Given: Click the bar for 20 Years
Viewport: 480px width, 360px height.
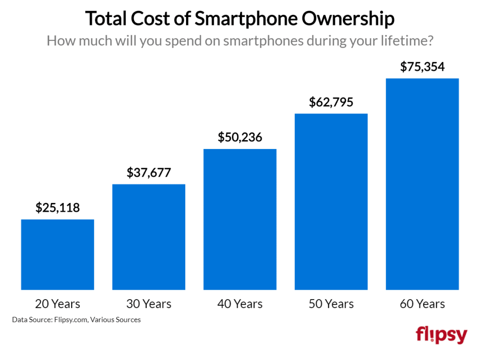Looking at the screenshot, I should (x=58, y=255).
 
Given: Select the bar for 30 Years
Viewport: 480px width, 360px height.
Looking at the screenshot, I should (x=149, y=237).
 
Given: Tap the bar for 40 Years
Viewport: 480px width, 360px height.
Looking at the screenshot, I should (x=240, y=219).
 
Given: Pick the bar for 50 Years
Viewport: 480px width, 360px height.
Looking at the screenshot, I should (x=331, y=202).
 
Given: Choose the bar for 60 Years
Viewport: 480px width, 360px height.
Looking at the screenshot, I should (x=422, y=184).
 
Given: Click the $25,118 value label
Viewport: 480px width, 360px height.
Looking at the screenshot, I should (x=58, y=208).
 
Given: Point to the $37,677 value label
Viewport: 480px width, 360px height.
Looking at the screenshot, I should (x=149, y=172).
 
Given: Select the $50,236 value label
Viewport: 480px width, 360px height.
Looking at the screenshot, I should (x=240, y=137).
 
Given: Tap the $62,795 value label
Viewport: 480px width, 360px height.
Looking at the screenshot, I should (x=331, y=102).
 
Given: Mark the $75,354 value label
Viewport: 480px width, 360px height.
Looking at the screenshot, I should (x=422, y=67).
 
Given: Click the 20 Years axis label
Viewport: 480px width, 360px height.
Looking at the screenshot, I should (x=58, y=304).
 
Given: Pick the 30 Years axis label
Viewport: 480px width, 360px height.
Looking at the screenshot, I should (x=149, y=304).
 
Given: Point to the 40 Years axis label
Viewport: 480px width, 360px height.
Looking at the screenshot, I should (x=240, y=304).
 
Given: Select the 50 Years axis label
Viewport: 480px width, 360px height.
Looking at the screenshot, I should (x=331, y=304).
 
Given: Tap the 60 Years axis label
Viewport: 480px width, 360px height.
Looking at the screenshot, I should (x=422, y=304).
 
